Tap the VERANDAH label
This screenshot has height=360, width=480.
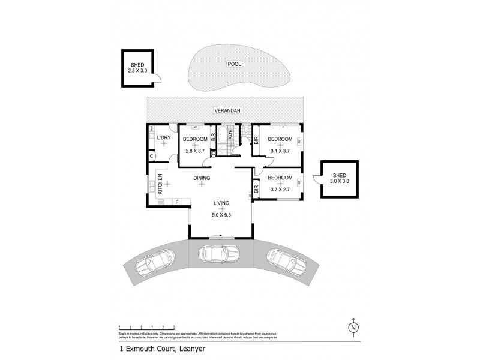[226, 111]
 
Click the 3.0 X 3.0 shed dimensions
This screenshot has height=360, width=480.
[339, 181]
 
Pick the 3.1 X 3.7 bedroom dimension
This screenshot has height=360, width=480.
[280, 151]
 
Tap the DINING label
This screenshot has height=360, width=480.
[202, 178]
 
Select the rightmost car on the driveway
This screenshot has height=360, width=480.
[283, 260]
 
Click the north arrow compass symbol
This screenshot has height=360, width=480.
[354, 328]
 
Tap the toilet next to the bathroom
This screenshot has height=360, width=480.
[246, 133]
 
